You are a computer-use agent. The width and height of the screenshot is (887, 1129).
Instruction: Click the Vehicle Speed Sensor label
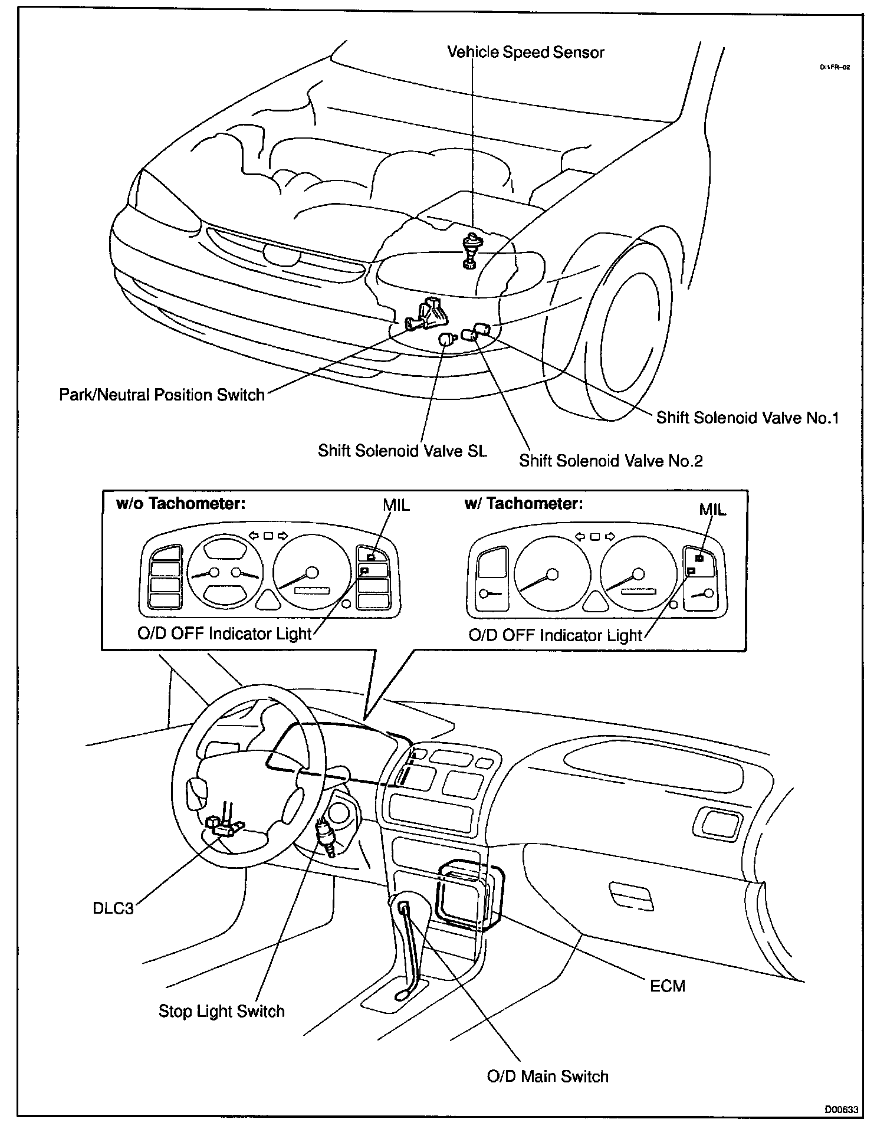(525, 52)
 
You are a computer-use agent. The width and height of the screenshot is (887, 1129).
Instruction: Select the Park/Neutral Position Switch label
(162, 395)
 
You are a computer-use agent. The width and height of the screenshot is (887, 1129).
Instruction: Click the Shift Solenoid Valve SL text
(403, 451)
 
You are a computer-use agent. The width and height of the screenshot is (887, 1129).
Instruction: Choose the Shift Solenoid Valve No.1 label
(747, 418)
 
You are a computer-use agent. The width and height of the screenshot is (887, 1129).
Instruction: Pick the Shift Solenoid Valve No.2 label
(610, 460)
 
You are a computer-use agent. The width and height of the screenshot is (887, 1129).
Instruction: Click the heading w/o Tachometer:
(180, 504)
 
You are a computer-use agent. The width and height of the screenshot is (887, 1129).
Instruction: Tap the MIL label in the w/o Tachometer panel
(396, 506)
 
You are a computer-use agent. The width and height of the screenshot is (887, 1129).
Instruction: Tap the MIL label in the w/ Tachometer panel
(712, 510)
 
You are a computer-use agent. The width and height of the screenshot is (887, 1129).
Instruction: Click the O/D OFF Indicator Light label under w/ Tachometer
(555, 635)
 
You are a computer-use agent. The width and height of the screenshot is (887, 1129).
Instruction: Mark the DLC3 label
(113, 908)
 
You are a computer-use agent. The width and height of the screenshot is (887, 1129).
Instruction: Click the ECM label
(668, 986)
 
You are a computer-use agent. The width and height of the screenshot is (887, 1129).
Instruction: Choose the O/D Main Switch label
(547, 1077)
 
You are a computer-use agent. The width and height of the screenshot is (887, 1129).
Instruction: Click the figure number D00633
(841, 1110)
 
